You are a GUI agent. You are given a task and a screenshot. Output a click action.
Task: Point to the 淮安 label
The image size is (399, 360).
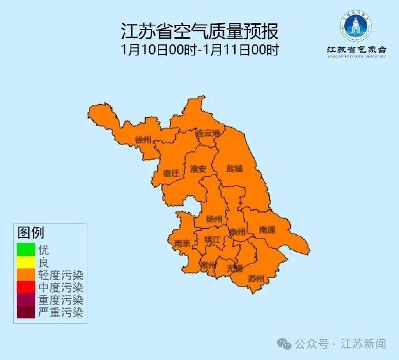click(x=198, y=169)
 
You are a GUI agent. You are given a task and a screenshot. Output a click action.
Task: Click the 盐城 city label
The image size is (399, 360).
click(x=234, y=169)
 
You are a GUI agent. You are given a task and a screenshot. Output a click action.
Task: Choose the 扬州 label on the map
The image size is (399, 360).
click(x=214, y=218)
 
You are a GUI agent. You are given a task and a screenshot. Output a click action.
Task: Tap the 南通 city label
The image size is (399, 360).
click(x=267, y=230)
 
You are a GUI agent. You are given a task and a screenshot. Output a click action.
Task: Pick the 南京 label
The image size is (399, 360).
click(x=182, y=243)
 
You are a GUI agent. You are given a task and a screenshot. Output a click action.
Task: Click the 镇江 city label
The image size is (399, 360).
click(x=212, y=239)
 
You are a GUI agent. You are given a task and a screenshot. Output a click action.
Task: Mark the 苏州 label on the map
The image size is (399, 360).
click(x=256, y=279)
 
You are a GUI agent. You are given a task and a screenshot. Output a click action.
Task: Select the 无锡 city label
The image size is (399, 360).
click(x=235, y=268)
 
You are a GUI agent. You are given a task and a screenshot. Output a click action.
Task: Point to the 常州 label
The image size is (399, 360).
click(x=208, y=265)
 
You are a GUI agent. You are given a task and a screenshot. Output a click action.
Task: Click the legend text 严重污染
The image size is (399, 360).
click(x=61, y=313)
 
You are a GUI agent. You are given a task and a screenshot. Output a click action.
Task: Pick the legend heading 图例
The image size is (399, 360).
click(x=31, y=233)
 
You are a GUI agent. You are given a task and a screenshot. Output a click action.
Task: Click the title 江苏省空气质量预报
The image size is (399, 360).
click(x=199, y=31)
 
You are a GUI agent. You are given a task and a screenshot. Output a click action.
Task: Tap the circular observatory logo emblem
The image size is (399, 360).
click(x=356, y=24)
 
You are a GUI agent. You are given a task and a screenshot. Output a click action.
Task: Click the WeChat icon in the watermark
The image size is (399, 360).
click(x=284, y=344)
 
